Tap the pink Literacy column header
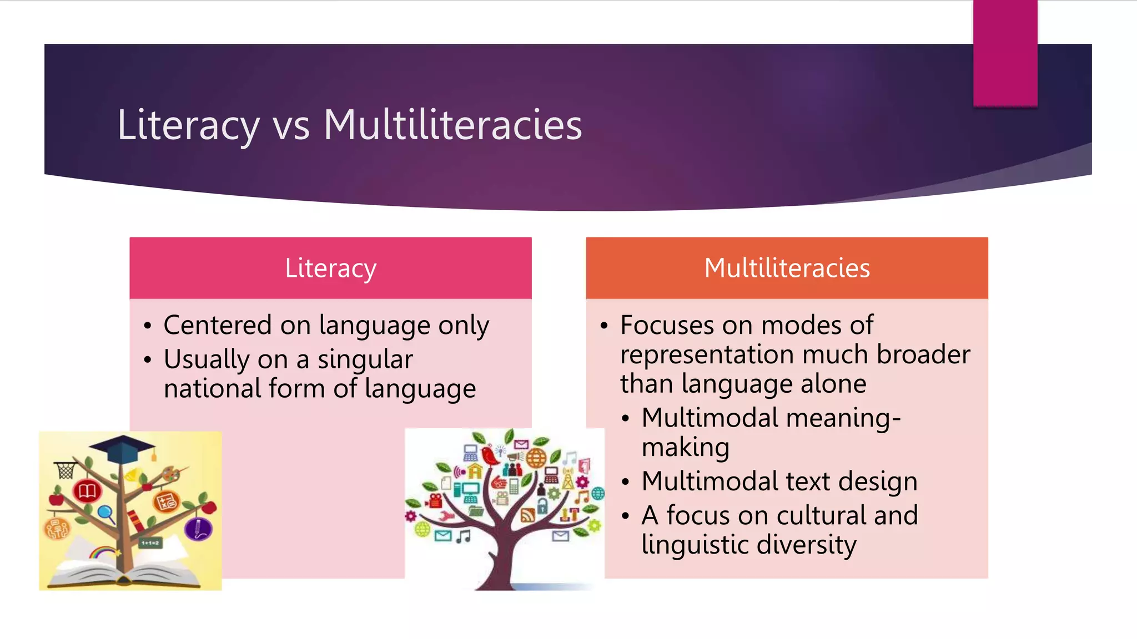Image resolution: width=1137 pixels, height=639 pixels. (x=330, y=268)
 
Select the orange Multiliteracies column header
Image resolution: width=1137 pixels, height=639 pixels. (x=787, y=268)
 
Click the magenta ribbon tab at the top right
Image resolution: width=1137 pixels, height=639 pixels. (x=1005, y=53)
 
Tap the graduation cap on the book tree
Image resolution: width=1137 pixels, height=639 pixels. (x=130, y=448)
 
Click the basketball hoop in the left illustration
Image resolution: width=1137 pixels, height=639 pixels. (x=66, y=469)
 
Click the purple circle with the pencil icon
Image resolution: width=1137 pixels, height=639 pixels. (x=197, y=528)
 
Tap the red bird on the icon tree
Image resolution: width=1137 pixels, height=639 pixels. (x=489, y=455)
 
